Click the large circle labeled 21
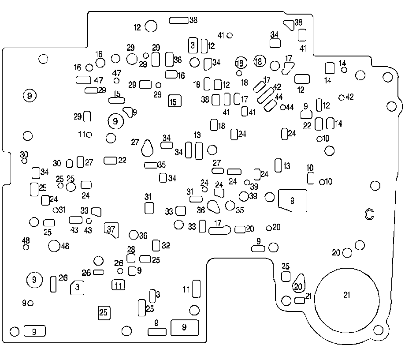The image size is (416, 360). pos(347,300)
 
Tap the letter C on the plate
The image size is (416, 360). pos(369,214)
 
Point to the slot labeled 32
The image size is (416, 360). pos(156,245)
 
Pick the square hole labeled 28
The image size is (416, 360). pos(131,258)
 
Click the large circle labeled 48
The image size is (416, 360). pos(54,246)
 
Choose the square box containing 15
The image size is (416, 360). pos(175,101)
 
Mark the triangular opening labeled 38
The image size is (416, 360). pos(289,25)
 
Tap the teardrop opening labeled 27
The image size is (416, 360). pos(147,148)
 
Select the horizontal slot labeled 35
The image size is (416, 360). pos(151,165)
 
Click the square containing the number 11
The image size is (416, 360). pos(119,285)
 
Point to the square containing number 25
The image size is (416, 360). pos(104,313)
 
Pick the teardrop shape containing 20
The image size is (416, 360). pos(299,283)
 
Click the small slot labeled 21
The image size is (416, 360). pos(300,300)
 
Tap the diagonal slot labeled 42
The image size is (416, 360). pos(266,95)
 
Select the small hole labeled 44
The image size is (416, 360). pos(283,107)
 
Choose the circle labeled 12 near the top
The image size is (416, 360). pos(151,26)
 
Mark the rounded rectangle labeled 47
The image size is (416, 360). pos(84,80)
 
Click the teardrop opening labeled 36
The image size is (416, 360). pos(213,207)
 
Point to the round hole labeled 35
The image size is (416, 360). pos(230,206)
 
